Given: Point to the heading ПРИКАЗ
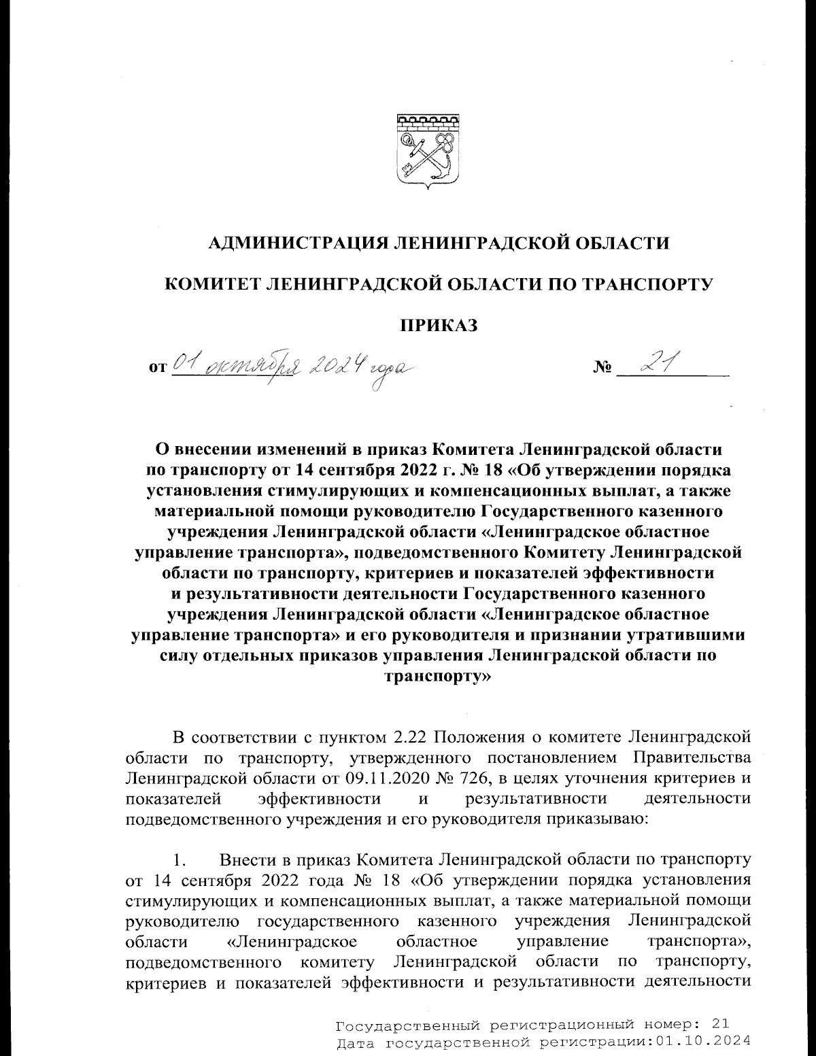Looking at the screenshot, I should [438, 325].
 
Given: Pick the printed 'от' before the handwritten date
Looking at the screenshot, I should [156, 369].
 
